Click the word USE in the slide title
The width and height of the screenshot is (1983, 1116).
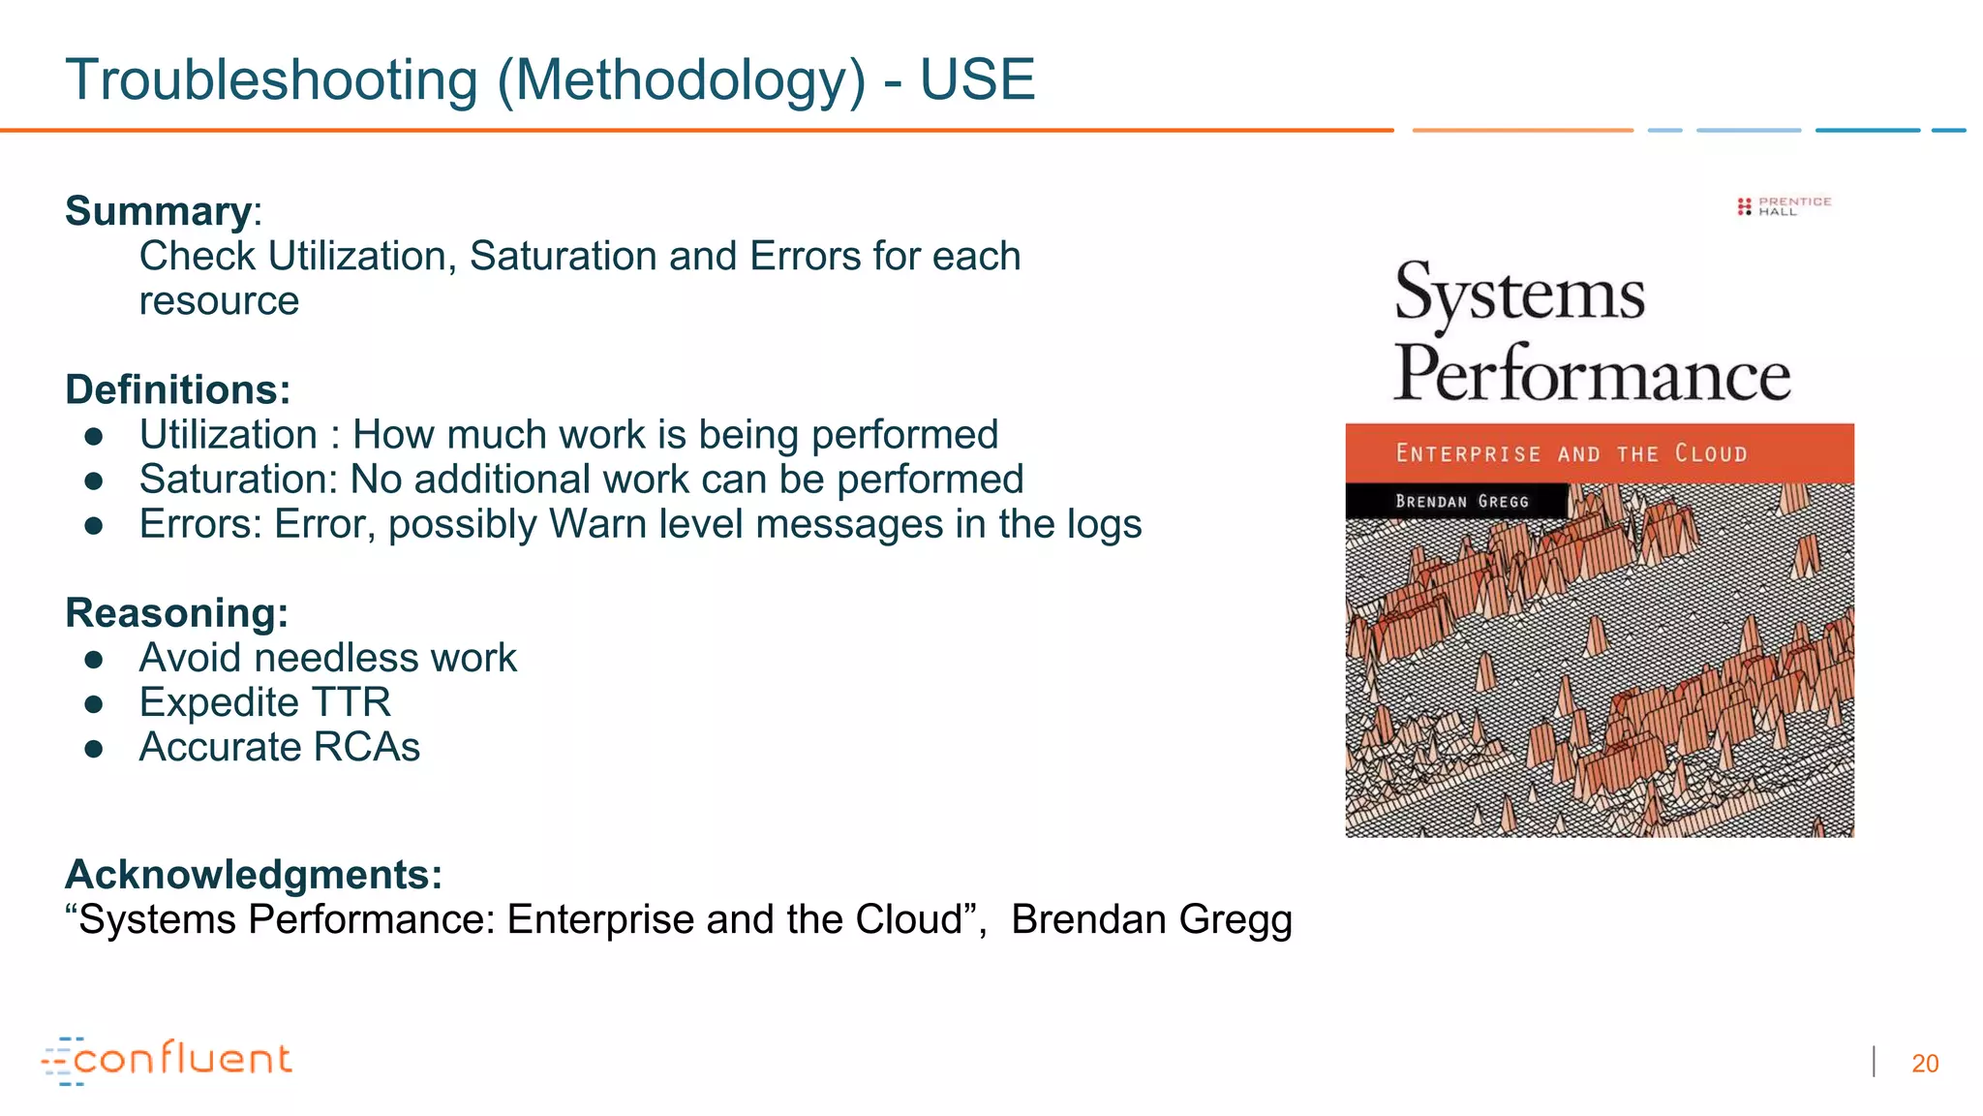coord(977,79)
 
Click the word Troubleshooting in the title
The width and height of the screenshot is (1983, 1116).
coord(271,81)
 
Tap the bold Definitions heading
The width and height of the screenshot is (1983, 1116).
coord(178,389)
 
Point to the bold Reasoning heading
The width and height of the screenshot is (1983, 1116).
coord(177,613)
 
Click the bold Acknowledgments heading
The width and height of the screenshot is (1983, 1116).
coord(254,875)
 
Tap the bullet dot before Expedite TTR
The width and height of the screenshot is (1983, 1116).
coord(94,704)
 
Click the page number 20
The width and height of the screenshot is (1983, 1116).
coord(1925,1064)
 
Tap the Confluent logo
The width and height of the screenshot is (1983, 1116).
coord(167,1060)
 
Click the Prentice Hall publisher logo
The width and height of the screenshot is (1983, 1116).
coord(1785,206)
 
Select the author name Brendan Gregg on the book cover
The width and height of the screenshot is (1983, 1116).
coord(1462,502)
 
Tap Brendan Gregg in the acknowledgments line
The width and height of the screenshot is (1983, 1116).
coord(1151,920)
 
